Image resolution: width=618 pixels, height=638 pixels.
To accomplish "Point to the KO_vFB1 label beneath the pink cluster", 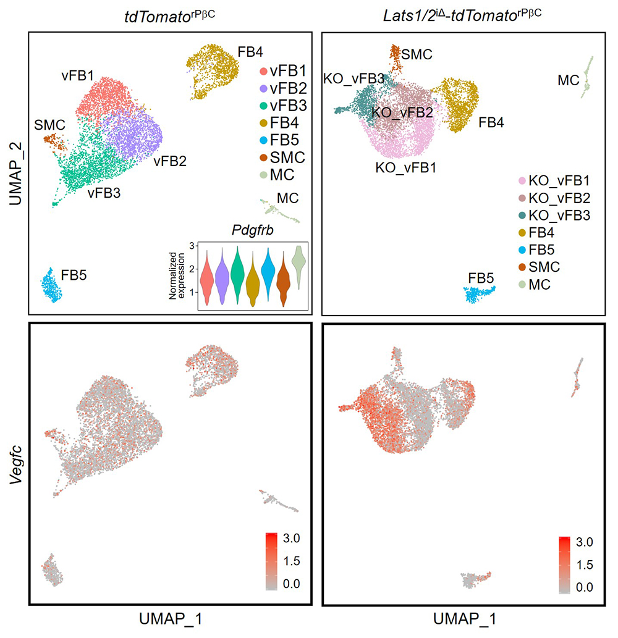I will click(406, 166).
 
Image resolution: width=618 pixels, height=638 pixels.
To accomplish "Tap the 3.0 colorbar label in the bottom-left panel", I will click(287, 539).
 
